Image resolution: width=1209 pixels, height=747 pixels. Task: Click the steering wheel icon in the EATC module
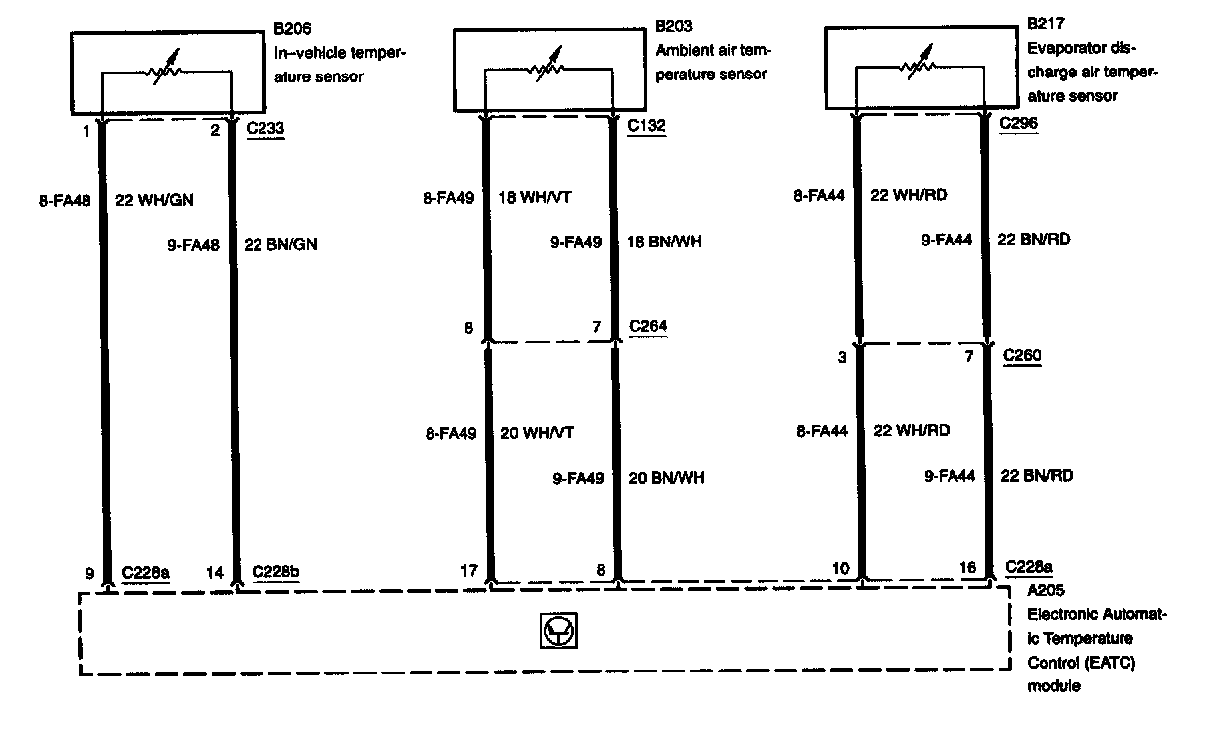557,631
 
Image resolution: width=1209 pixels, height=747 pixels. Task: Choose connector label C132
647,126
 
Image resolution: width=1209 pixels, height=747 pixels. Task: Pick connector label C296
1017,124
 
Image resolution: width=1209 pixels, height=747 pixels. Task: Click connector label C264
647,327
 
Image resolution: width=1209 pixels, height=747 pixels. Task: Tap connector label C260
1023,356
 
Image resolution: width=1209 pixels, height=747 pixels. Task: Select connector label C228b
277,572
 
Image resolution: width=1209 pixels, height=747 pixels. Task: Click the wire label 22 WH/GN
155,200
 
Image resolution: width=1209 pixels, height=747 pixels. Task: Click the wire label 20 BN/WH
666,478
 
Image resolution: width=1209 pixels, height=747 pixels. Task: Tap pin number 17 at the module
468,571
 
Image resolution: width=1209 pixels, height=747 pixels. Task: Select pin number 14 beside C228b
216,572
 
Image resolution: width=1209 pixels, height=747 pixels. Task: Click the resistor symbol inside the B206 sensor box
166,73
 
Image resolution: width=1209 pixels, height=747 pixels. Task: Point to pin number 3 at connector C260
842,358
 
